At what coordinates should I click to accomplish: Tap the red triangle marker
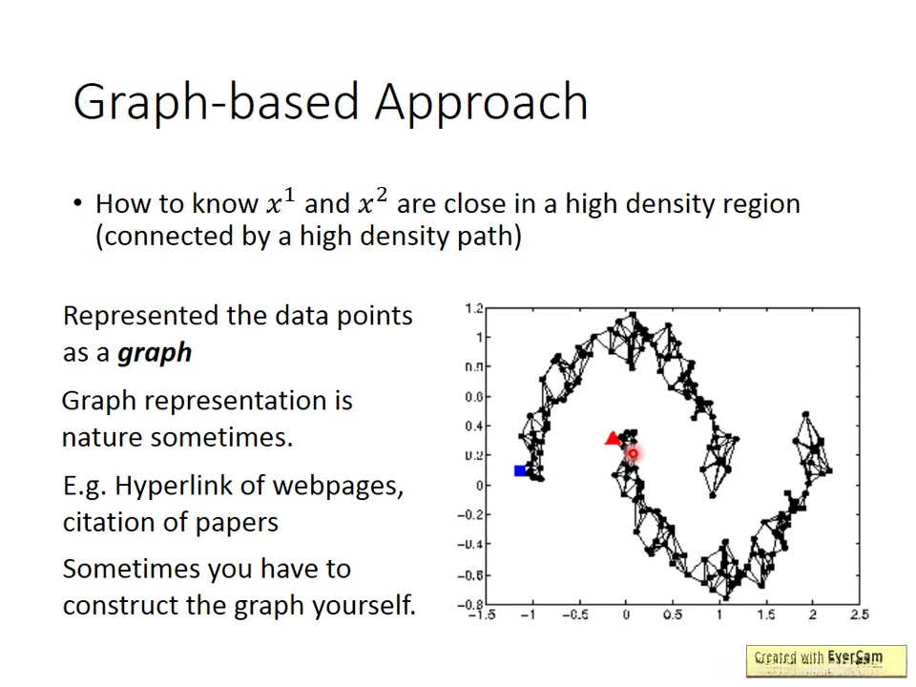click(613, 438)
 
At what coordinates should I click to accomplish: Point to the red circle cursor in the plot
click(633, 453)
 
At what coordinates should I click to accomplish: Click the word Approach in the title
click(481, 103)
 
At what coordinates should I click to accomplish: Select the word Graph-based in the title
click(217, 103)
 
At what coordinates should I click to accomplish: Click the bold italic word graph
click(155, 354)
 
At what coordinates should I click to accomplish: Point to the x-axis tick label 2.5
click(860, 614)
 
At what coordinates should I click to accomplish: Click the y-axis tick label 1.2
click(474, 308)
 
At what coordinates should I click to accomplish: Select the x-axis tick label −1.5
click(483, 614)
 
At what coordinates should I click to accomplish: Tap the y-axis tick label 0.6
click(474, 397)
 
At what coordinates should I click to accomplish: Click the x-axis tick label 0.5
click(673, 614)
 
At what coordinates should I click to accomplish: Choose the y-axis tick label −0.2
click(470, 514)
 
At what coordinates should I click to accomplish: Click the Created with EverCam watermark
click(819, 657)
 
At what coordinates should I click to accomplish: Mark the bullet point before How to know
click(77, 203)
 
